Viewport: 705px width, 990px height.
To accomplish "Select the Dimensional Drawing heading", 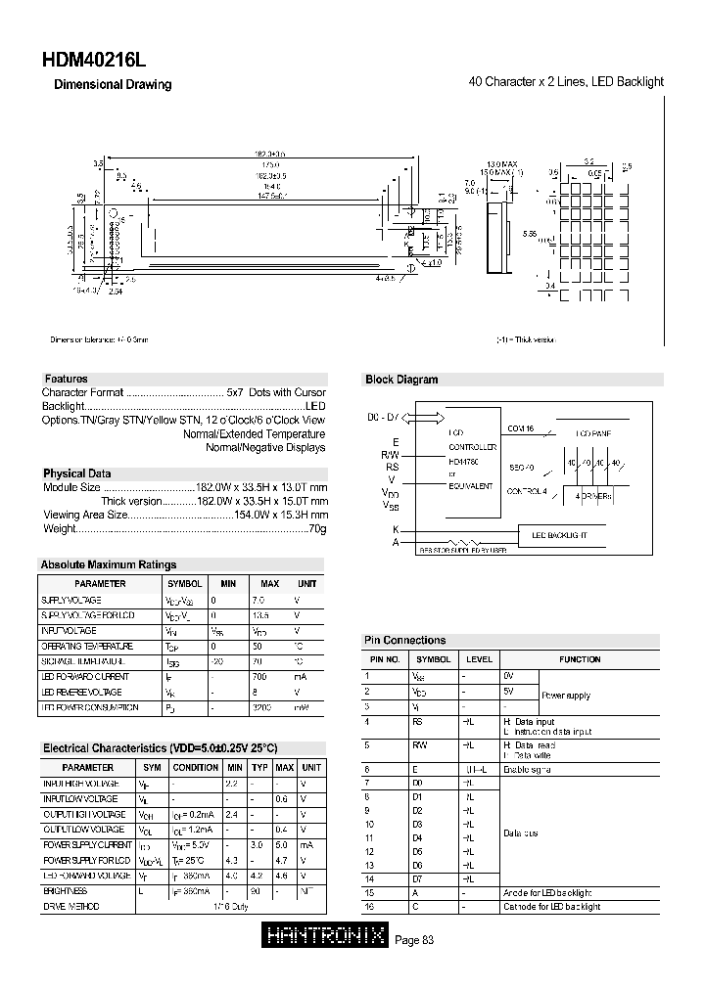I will click(x=112, y=85).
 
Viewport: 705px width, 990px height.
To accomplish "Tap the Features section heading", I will click(x=66, y=379).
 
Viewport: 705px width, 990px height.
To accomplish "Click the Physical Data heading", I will click(x=76, y=473).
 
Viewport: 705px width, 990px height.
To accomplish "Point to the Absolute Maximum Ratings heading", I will click(x=108, y=564).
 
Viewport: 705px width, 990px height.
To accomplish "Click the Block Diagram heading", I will click(x=401, y=380).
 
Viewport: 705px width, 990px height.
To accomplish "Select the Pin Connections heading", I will click(x=404, y=640).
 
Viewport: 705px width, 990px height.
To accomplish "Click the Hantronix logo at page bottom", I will click(x=326, y=938).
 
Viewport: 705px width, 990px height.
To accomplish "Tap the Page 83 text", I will click(x=413, y=939).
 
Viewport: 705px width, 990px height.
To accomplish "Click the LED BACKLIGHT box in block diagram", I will click(x=559, y=536).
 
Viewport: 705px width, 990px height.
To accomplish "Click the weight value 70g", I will click(x=317, y=528).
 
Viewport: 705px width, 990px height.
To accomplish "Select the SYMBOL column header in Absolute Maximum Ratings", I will click(x=184, y=584).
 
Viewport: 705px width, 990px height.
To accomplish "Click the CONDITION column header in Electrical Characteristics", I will click(x=195, y=768).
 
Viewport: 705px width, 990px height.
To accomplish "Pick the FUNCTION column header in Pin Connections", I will click(x=580, y=659).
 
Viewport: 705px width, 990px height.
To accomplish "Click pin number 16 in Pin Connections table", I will click(x=368, y=907).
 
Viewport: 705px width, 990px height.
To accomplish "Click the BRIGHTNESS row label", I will click(x=65, y=891).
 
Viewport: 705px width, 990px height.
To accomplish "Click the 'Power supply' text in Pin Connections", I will click(x=566, y=696).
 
